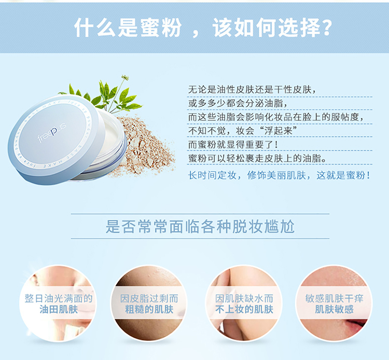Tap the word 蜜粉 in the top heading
[160, 27]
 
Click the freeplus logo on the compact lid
[52, 133]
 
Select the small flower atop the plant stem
[126, 77]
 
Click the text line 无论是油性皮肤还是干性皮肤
[252, 89]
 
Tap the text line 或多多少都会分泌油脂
[238, 103]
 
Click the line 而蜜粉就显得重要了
[233, 145]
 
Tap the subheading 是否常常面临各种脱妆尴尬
[200, 226]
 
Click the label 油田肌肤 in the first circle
[59, 310]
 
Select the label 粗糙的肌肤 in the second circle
[149, 310]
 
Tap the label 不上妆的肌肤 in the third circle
[244, 310]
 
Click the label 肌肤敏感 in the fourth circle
[334, 310]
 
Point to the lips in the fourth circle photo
[357, 323]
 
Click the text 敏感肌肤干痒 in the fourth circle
[334, 298]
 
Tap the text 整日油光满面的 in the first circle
[59, 298]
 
